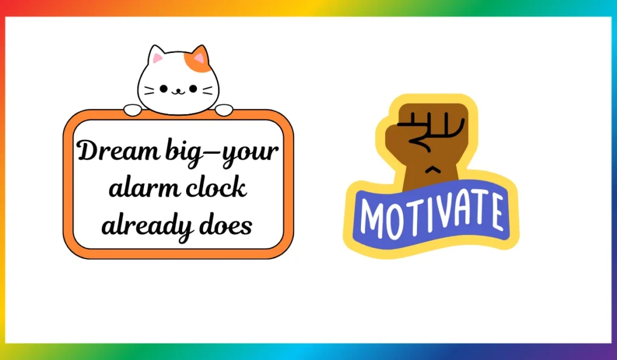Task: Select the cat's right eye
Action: click(x=193, y=89)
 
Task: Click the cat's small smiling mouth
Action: click(x=178, y=92)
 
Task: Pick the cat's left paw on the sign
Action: click(x=133, y=110)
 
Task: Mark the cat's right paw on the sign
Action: click(x=224, y=110)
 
